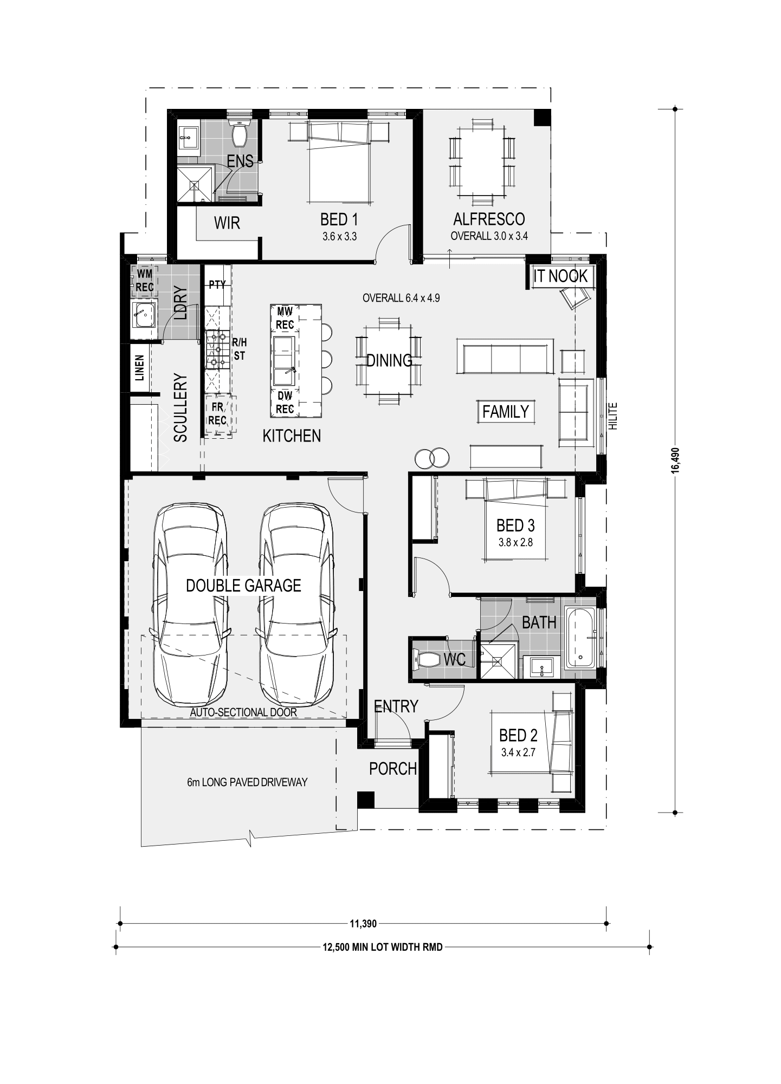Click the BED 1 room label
pyautogui.click(x=339, y=219)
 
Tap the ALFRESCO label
pyautogui.click(x=489, y=219)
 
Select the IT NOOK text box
pyautogui.click(x=560, y=276)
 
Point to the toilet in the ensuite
pyautogui.click(x=239, y=133)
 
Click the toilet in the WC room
pyautogui.click(x=427, y=659)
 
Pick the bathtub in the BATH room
pyautogui.click(x=580, y=638)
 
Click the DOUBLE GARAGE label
pyautogui.click(x=243, y=585)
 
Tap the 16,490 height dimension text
pyautogui.click(x=675, y=460)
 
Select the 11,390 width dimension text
pyautogui.click(x=363, y=923)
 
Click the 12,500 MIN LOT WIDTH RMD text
pyautogui.click(x=383, y=947)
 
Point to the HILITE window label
pyautogui.click(x=613, y=416)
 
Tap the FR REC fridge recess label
pyautogui.click(x=217, y=413)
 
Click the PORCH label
pyautogui.click(x=393, y=769)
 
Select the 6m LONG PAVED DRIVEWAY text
pyautogui.click(x=247, y=782)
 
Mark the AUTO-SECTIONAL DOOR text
pyautogui.click(x=243, y=712)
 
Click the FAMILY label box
pyautogui.click(x=506, y=412)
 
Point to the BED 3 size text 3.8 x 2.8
pyautogui.click(x=515, y=542)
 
